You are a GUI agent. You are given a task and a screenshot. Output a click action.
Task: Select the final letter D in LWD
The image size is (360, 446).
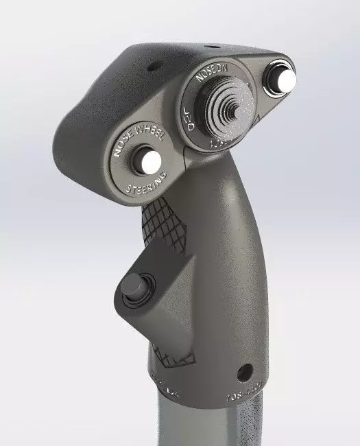coord(191,128)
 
